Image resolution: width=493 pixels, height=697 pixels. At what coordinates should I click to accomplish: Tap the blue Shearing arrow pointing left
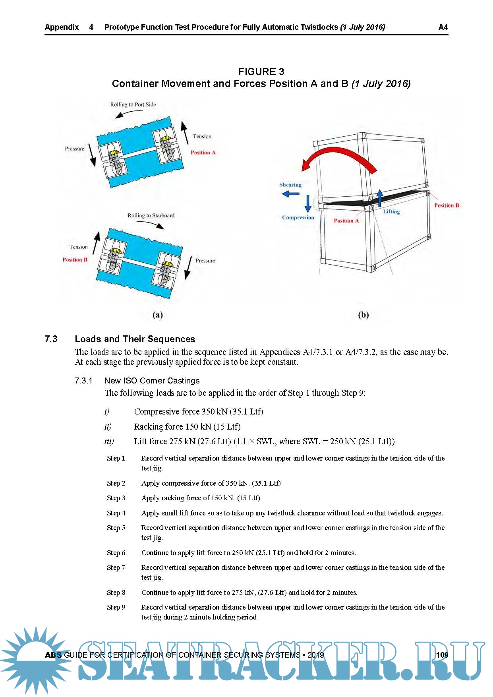click(x=290, y=194)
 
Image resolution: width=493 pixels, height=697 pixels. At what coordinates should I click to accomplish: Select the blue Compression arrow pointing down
click(x=308, y=203)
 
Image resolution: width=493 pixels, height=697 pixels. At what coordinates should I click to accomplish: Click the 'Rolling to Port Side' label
click(x=133, y=105)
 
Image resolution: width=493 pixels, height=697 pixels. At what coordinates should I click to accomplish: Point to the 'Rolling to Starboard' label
click(x=151, y=215)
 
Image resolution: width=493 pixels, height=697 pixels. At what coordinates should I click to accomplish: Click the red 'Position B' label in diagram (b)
click(x=446, y=205)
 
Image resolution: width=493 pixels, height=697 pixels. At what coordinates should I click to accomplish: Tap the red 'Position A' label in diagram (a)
click(x=203, y=153)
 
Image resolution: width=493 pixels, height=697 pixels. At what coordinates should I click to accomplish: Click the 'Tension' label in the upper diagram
click(x=202, y=136)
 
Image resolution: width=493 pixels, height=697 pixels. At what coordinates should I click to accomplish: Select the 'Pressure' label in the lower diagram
click(x=205, y=261)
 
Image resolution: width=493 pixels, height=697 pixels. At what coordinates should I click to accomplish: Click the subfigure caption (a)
click(x=158, y=315)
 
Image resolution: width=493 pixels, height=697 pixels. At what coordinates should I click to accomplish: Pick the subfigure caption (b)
click(x=363, y=315)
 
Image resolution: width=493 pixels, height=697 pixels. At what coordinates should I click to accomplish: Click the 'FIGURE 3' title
click(x=261, y=72)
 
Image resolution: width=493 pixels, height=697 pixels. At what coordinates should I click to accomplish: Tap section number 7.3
click(x=51, y=339)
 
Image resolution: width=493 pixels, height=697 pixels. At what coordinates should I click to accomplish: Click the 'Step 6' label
click(x=116, y=553)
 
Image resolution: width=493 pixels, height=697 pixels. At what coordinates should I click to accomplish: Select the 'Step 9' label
click(x=116, y=607)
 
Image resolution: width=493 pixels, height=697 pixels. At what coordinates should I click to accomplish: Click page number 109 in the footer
click(x=442, y=655)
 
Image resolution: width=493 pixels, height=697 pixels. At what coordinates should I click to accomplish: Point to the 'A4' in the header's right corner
click(x=443, y=27)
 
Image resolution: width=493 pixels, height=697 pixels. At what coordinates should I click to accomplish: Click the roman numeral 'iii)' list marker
click(x=109, y=441)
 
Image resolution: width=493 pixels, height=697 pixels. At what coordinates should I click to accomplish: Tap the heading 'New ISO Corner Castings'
click(x=152, y=381)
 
